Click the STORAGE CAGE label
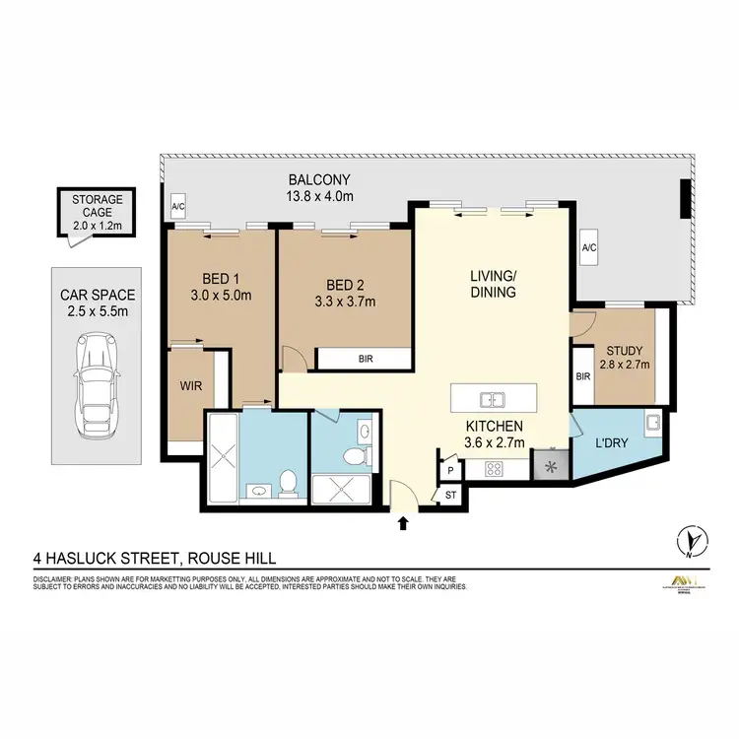tap(97, 205)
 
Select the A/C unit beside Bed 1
tap(178, 208)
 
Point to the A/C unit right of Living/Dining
tap(589, 248)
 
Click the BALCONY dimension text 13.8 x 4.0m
tap(319, 196)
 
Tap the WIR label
tap(190, 386)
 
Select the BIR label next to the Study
tap(581, 376)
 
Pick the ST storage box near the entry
tap(451, 497)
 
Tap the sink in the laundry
tap(652, 425)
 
